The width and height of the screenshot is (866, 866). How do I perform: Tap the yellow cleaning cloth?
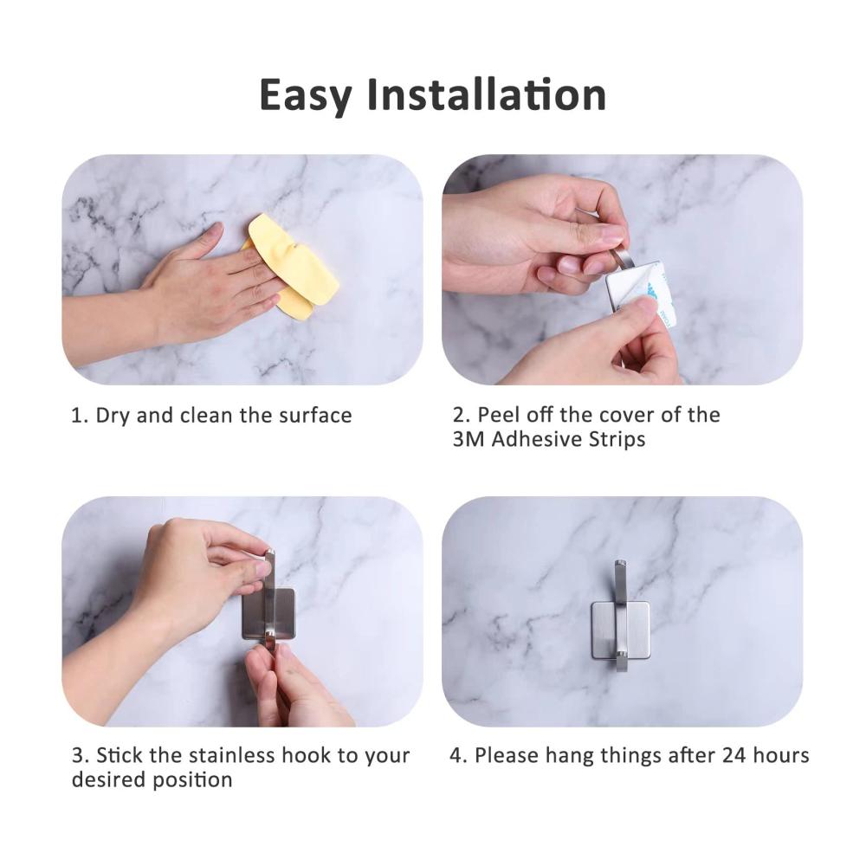[292, 265]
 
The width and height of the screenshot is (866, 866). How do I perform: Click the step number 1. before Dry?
[80, 416]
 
